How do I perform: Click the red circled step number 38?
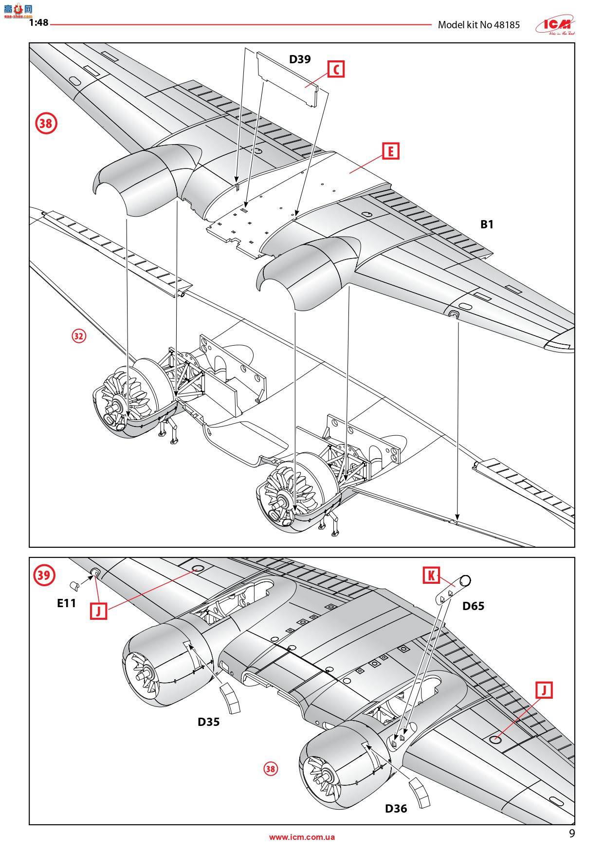coord(46,123)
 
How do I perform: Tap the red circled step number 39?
coord(43,575)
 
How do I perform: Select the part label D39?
coord(300,59)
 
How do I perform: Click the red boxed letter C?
coord(335,69)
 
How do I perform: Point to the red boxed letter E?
coord(390,151)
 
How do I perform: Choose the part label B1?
coord(487,224)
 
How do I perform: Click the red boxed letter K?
coord(431,576)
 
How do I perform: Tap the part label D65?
coord(473,606)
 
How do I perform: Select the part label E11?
coord(67,603)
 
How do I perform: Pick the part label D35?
coord(208,721)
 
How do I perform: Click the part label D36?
coord(396,808)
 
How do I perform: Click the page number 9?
coord(572,833)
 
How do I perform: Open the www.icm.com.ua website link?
coord(302,837)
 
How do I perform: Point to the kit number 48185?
coord(506,25)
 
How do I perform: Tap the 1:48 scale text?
coord(38,22)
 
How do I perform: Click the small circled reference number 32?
coord(79,336)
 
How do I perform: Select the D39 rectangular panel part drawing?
coord(287,78)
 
